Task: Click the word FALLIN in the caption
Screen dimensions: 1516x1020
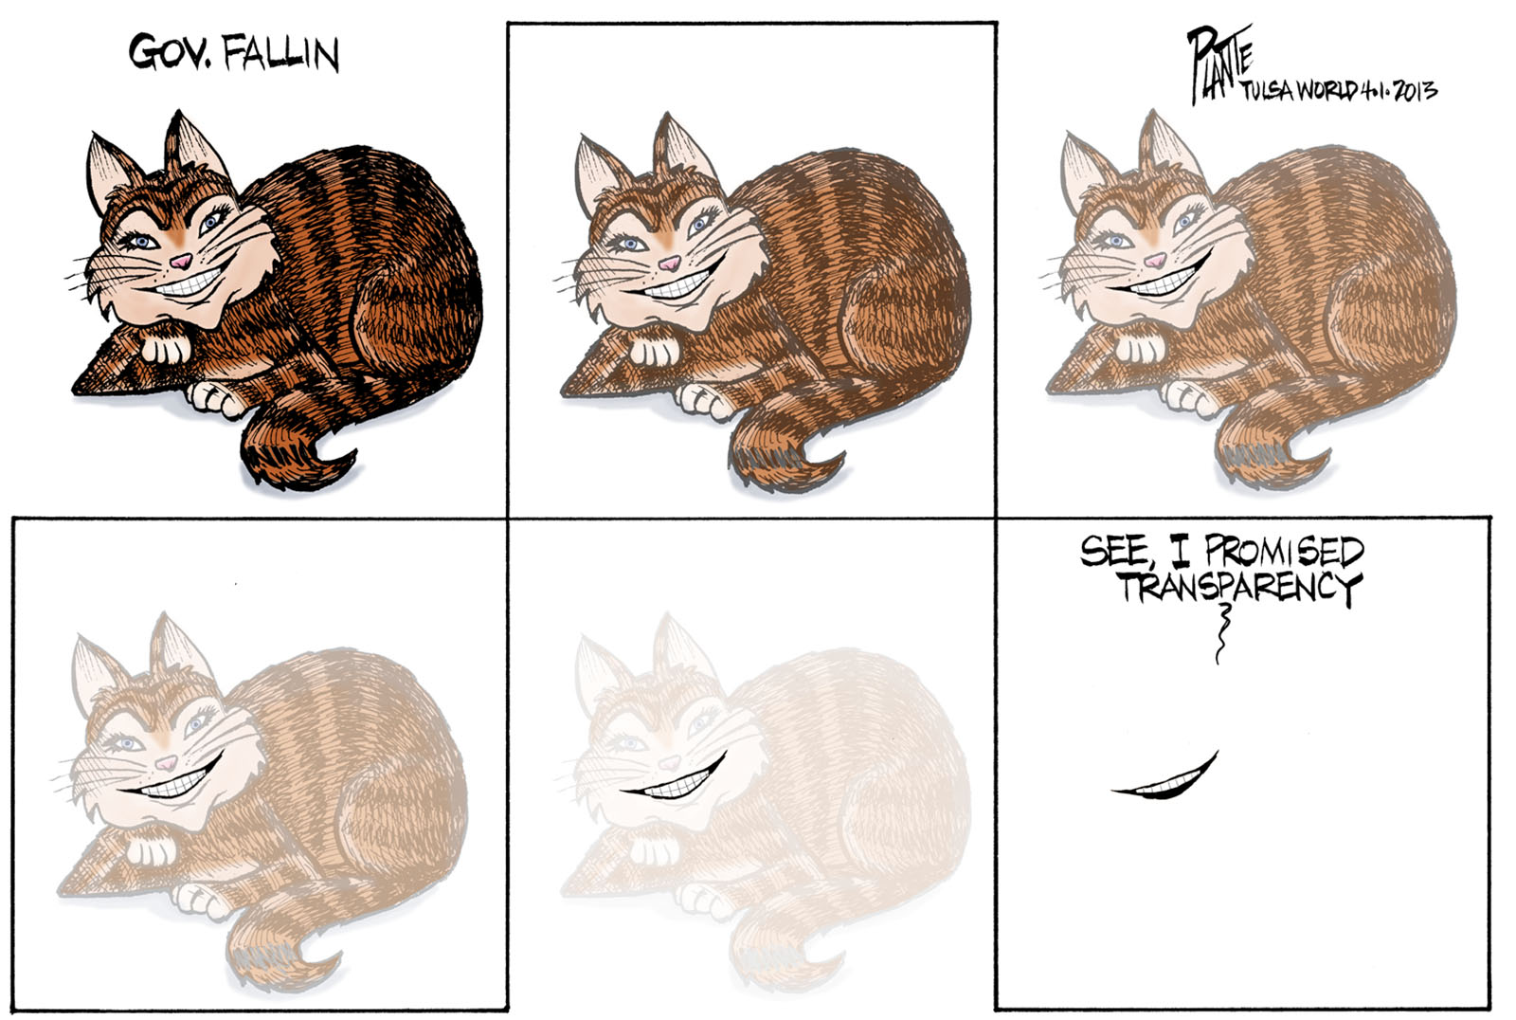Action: click(280, 53)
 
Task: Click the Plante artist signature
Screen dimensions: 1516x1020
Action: click(1218, 65)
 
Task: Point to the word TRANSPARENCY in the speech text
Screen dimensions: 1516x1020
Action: click(1238, 587)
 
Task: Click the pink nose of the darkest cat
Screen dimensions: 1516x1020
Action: click(181, 261)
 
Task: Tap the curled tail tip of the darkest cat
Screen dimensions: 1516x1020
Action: click(338, 464)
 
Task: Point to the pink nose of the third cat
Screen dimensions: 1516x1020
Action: click(1154, 260)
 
